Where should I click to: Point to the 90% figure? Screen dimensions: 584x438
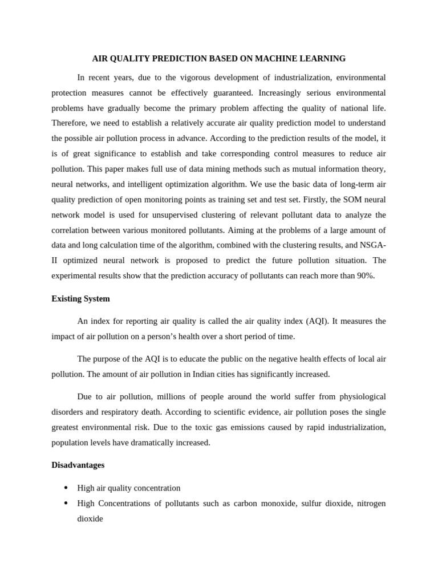(365, 276)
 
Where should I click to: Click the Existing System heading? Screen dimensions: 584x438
(80, 299)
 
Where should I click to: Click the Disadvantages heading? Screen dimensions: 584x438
(78, 465)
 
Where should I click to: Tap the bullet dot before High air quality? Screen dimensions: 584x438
(66, 488)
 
